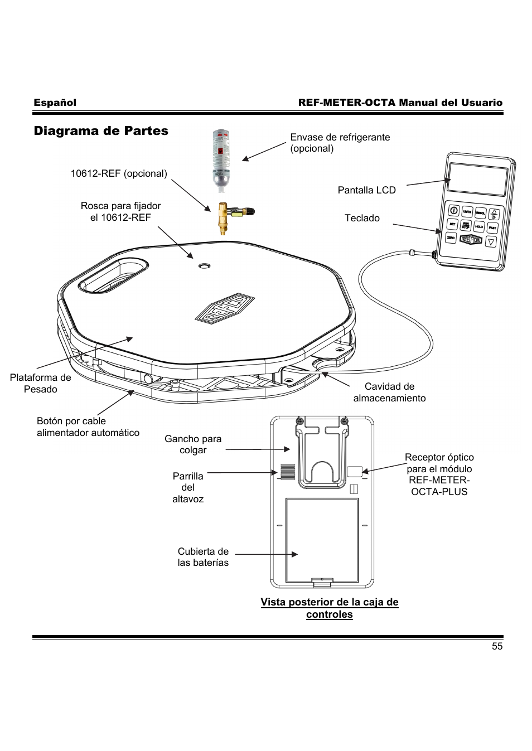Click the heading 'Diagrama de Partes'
[x=101, y=131]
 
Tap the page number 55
[x=497, y=646]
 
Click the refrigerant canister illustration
[x=221, y=158]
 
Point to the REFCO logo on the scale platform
[x=224, y=308]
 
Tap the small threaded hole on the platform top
[x=204, y=267]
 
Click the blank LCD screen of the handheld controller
[x=478, y=179]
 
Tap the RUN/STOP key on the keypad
[x=466, y=226]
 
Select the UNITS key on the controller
[x=467, y=212]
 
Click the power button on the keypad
[x=454, y=211]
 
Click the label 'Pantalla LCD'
[x=366, y=190]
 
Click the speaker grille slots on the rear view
[x=287, y=472]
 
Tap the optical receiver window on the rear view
[x=354, y=471]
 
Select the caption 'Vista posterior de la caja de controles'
[x=330, y=608]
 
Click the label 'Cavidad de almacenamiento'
[x=389, y=393]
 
